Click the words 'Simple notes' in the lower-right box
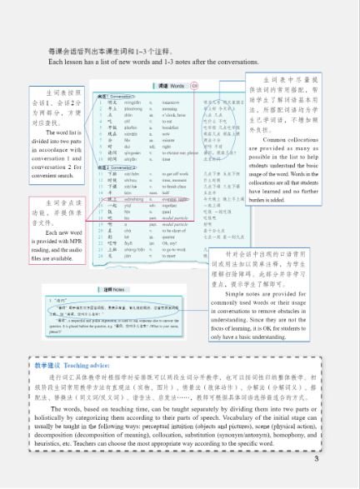click(x=257, y=295)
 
